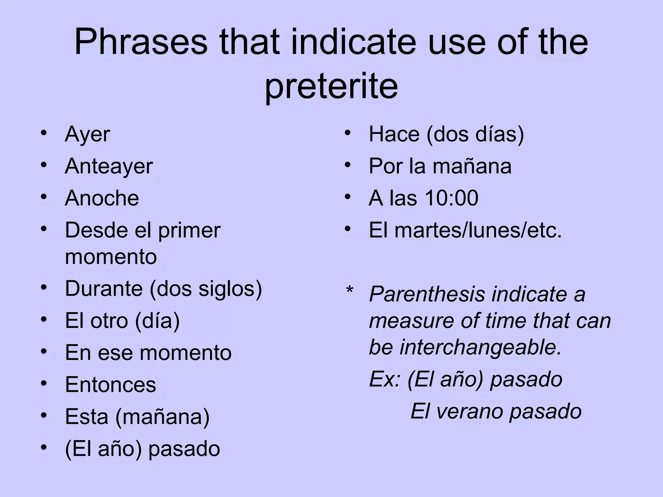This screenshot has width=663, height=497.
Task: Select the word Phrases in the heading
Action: point(141,42)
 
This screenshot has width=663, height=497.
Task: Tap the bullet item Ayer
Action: point(87,135)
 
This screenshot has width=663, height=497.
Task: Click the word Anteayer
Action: point(109,166)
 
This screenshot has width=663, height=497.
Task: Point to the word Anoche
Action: point(102,198)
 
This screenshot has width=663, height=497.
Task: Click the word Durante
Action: point(104,288)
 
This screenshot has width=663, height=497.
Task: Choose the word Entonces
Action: point(110,385)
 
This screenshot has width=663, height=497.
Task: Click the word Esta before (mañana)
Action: point(86,417)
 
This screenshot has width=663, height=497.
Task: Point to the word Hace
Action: point(394,134)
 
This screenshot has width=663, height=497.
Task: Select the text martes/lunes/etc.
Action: point(478,230)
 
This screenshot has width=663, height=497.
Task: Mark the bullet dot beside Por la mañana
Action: point(348,165)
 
